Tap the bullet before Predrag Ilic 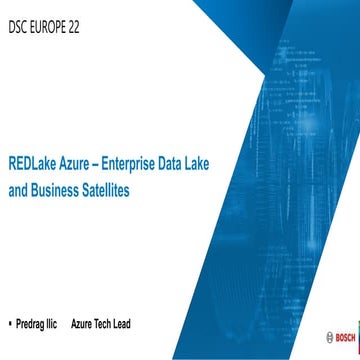point(9,324)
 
